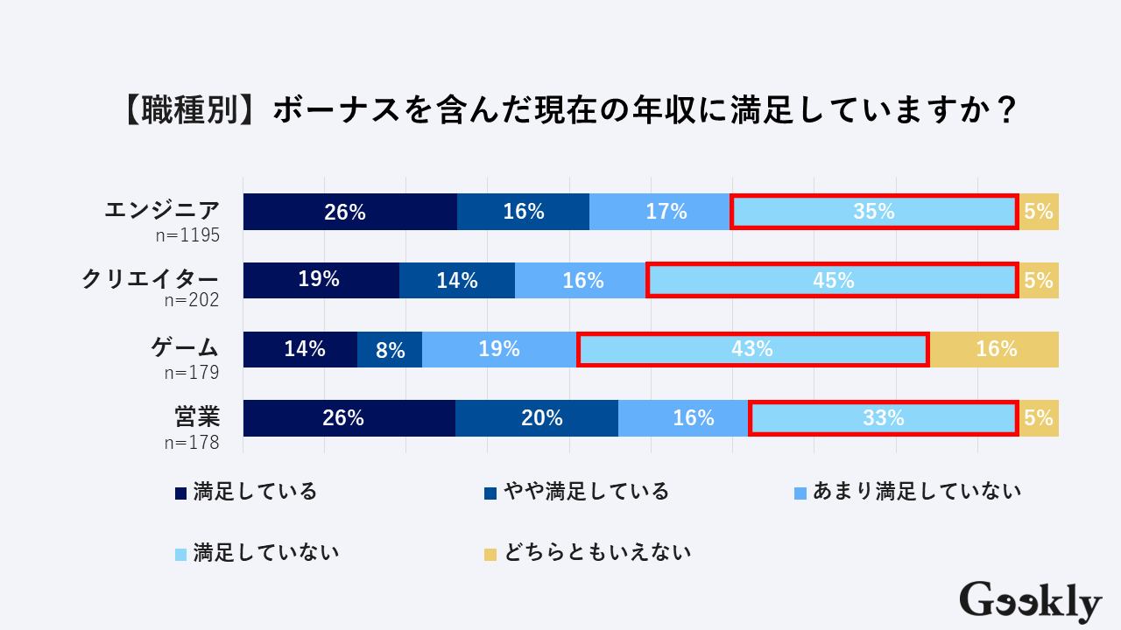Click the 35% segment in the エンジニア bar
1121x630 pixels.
[874, 212]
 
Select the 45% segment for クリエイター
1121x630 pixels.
[833, 280]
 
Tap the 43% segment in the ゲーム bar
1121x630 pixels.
[752, 349]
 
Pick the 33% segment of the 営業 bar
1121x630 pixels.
[883, 418]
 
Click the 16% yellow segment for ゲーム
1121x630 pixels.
[995, 349]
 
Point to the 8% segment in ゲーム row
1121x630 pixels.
[390, 350]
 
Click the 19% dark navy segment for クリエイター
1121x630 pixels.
[321, 280]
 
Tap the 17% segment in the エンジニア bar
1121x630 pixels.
[659, 212]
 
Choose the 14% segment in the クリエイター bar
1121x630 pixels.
[457, 280]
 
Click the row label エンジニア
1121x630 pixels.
[161, 210]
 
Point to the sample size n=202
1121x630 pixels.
[191, 300]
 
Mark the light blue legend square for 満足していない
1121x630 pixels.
[181, 554]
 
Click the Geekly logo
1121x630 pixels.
[1030, 602]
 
